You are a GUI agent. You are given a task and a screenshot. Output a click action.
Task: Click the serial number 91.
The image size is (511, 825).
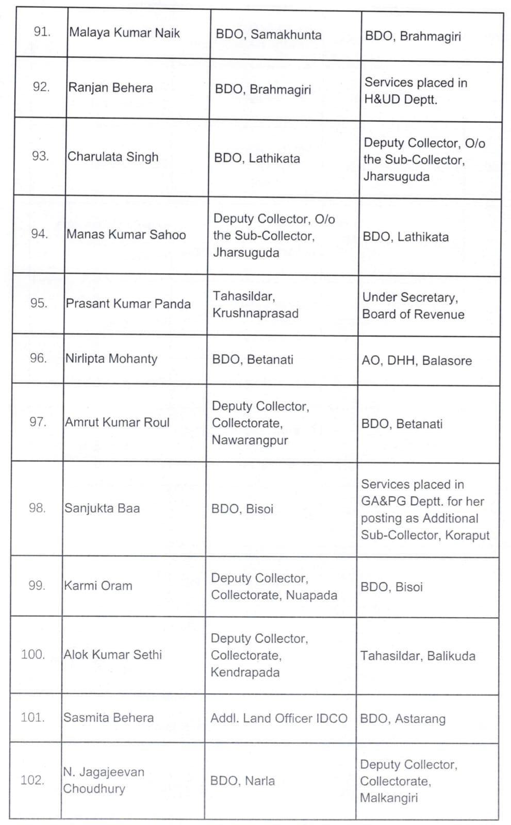[x=42, y=32]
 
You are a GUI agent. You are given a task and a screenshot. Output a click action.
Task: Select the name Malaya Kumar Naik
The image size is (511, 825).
[x=124, y=33]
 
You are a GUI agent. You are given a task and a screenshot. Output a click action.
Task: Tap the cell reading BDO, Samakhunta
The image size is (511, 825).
[x=268, y=35]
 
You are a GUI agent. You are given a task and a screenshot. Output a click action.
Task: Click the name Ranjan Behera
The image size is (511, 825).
[x=110, y=88]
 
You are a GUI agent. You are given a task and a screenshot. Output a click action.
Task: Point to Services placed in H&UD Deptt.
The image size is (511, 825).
[x=415, y=91]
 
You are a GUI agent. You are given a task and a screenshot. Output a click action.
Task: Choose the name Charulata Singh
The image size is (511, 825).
[x=113, y=157]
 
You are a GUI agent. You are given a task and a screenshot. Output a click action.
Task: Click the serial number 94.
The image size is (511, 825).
[x=40, y=234]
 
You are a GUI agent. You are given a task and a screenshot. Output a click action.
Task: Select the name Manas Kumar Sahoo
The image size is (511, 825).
[x=126, y=235]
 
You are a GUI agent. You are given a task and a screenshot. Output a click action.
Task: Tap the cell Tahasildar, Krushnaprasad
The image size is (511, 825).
[x=255, y=305]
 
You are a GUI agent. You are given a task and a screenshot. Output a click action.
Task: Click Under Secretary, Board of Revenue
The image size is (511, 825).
[x=413, y=306]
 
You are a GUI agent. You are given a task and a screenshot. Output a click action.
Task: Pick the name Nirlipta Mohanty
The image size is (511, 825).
[x=111, y=358]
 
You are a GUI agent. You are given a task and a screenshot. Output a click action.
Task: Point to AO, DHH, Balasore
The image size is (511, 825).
[x=417, y=360]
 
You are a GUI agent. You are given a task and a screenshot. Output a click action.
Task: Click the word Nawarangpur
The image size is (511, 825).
[x=250, y=440]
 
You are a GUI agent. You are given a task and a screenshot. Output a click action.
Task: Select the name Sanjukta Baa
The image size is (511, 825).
[x=102, y=508]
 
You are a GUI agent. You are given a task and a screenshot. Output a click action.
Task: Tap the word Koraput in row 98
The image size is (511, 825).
[x=467, y=535]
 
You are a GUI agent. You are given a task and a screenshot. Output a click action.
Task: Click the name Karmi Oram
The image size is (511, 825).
[x=98, y=586]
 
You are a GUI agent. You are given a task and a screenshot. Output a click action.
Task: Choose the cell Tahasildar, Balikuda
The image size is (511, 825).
[x=418, y=656]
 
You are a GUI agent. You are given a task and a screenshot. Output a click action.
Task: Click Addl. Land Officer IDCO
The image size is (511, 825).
[x=278, y=718]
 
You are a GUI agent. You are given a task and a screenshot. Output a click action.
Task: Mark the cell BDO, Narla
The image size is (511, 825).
[x=242, y=781]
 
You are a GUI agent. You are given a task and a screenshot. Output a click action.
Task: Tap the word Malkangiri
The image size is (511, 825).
[x=389, y=798]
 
